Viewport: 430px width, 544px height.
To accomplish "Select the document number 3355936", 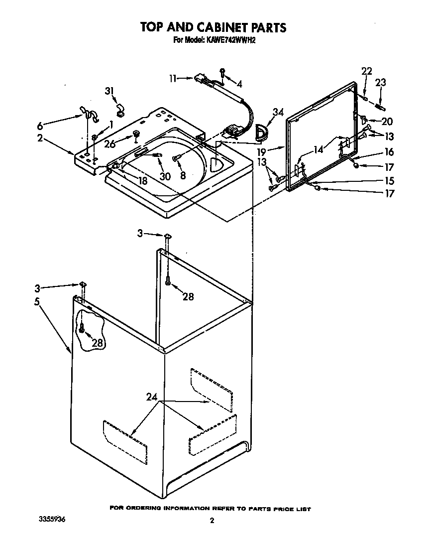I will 51,519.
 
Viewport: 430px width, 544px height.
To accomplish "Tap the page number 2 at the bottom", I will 212,521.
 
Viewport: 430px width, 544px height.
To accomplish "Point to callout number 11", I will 173,78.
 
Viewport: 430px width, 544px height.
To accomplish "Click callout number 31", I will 109,91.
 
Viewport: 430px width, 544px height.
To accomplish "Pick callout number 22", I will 366,71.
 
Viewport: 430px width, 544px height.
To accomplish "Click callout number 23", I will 380,83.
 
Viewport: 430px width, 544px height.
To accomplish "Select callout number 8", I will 183,175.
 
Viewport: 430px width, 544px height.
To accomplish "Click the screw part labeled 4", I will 223,73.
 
